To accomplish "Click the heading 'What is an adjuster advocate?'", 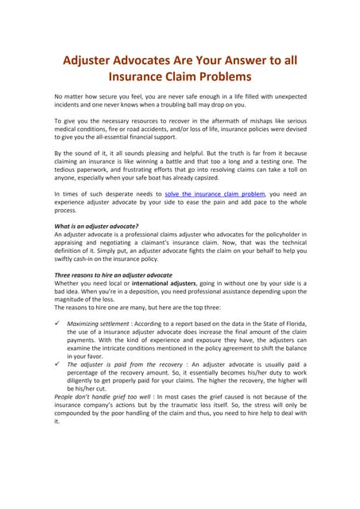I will pyautogui.click(x=99, y=227).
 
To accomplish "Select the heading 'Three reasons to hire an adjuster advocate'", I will pyautogui.click(x=113, y=274).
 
